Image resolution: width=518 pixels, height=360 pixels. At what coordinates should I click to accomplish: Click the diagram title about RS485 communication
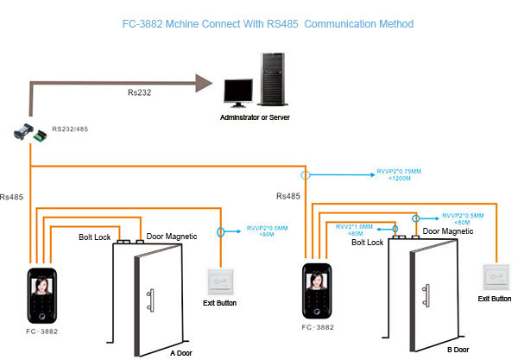point(256,23)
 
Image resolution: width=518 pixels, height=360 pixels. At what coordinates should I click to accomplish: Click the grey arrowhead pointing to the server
point(204,84)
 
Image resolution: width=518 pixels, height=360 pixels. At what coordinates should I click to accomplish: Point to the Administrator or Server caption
point(257,115)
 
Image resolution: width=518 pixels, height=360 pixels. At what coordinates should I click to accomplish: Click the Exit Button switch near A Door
point(220,282)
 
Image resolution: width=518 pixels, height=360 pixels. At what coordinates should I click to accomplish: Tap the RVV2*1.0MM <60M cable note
point(356,230)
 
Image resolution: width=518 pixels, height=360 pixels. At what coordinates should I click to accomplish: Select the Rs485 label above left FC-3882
point(15,197)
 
